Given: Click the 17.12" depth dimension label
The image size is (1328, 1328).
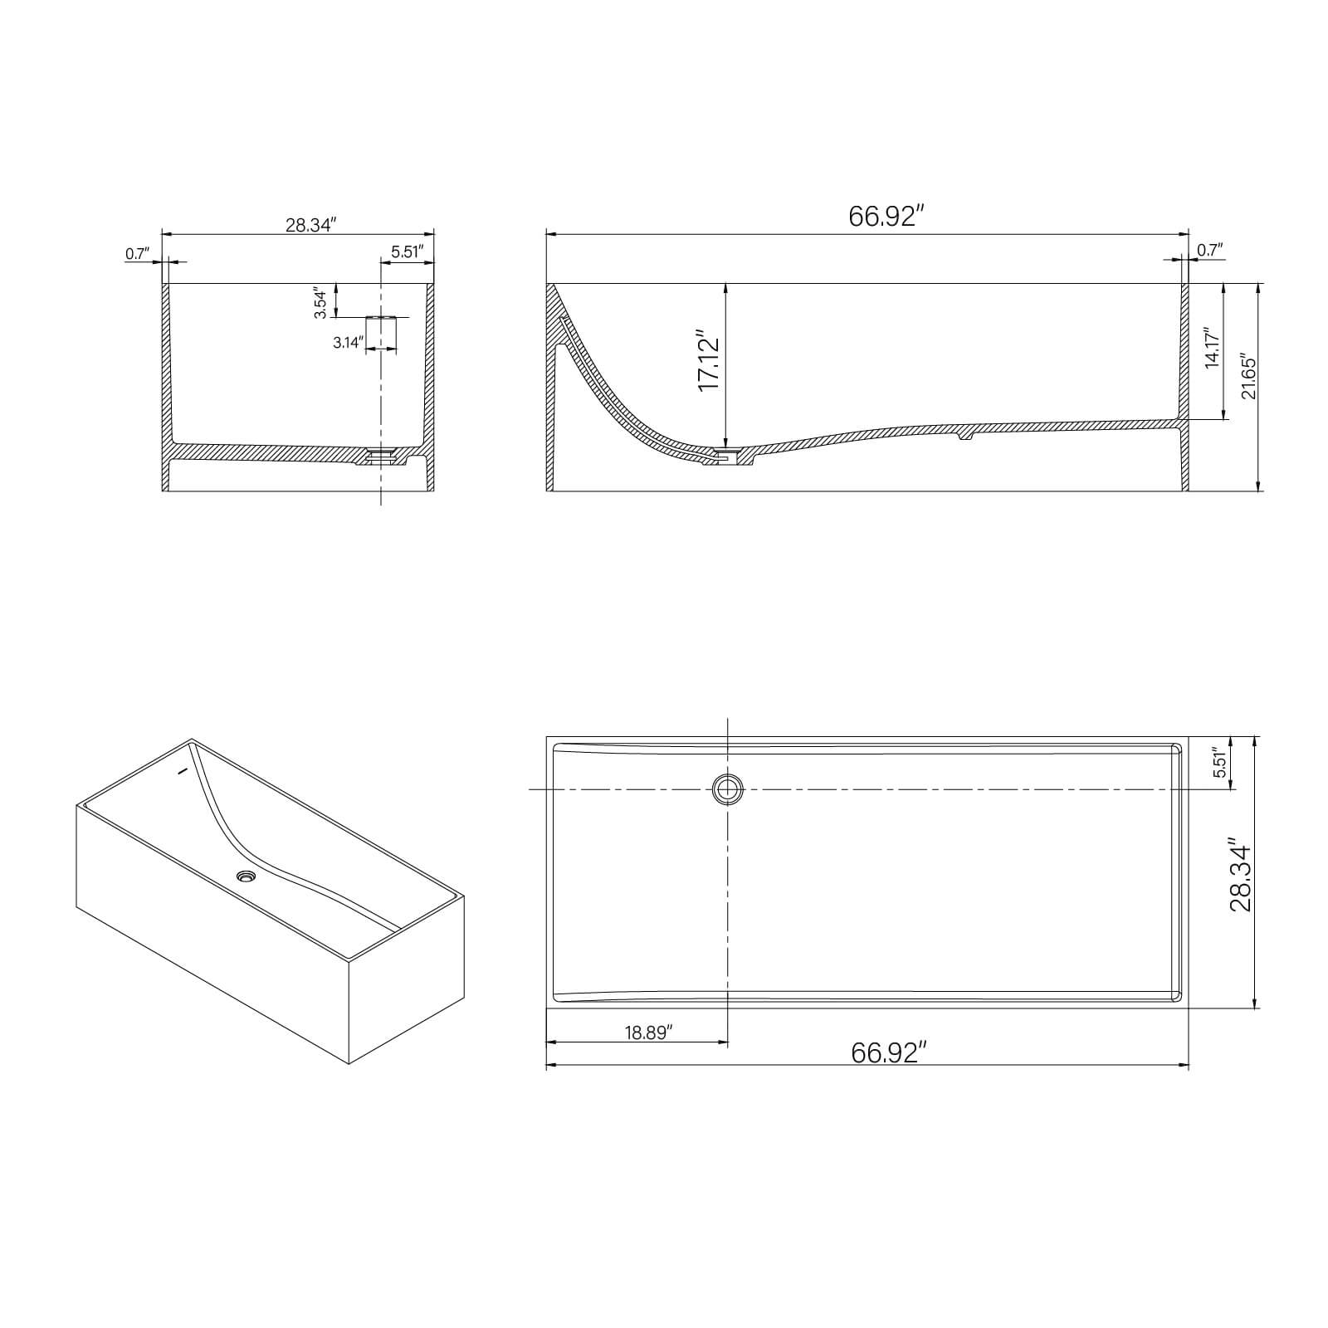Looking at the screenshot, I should (707, 364).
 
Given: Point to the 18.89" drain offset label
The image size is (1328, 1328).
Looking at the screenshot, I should (648, 1032).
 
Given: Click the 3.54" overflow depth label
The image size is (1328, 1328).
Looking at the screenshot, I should (320, 302).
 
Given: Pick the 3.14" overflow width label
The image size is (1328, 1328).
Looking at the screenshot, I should (348, 342).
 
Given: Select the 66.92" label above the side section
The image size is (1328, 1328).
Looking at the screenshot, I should (886, 216).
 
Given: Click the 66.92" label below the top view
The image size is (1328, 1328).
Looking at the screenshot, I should (888, 1052).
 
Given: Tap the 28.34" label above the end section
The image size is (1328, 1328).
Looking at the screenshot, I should (310, 225).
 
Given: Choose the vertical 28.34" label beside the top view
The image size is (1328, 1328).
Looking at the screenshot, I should (1240, 874).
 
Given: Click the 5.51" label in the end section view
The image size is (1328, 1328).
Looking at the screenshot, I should (408, 251).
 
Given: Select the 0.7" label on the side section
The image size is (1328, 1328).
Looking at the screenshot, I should (1209, 250).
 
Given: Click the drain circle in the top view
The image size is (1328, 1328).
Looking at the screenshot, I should (728, 789).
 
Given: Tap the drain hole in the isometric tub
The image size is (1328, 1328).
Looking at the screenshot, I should (246, 876).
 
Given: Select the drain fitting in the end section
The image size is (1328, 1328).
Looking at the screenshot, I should (381, 455).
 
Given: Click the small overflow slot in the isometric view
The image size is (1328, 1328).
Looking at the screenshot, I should (183, 769).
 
